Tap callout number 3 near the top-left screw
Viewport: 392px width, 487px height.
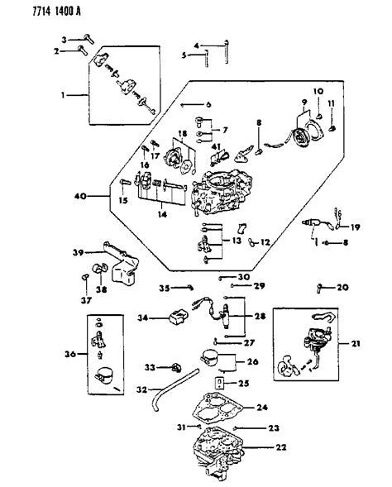coord(63,39)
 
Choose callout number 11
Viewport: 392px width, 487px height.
coord(332,104)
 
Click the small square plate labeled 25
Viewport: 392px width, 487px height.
coord(219,383)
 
